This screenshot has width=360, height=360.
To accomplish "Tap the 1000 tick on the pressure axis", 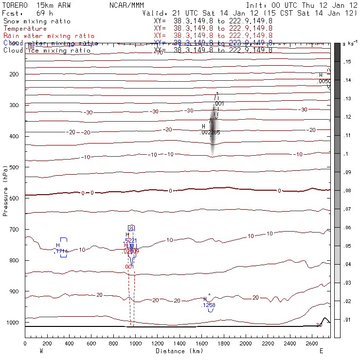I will click(25, 323).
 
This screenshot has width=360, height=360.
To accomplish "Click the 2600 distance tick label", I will click(312, 343).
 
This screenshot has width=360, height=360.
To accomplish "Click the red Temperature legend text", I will click(25, 29).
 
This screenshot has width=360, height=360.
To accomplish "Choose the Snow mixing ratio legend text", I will click(36, 21).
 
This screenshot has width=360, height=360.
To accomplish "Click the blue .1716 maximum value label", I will click(61, 251).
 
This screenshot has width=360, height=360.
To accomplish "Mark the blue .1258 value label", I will click(208, 305).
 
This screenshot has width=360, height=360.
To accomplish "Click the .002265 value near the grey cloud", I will click(211, 132).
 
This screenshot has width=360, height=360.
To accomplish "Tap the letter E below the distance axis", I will click(321, 351).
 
